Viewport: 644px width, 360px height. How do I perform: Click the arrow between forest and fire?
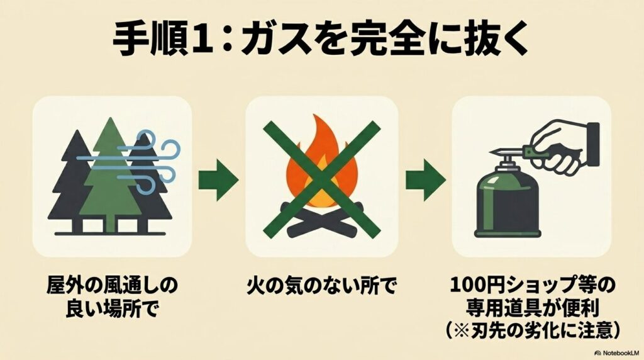(218, 180)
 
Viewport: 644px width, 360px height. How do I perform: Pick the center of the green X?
(322, 179)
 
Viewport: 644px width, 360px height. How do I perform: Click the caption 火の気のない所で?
(322, 288)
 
